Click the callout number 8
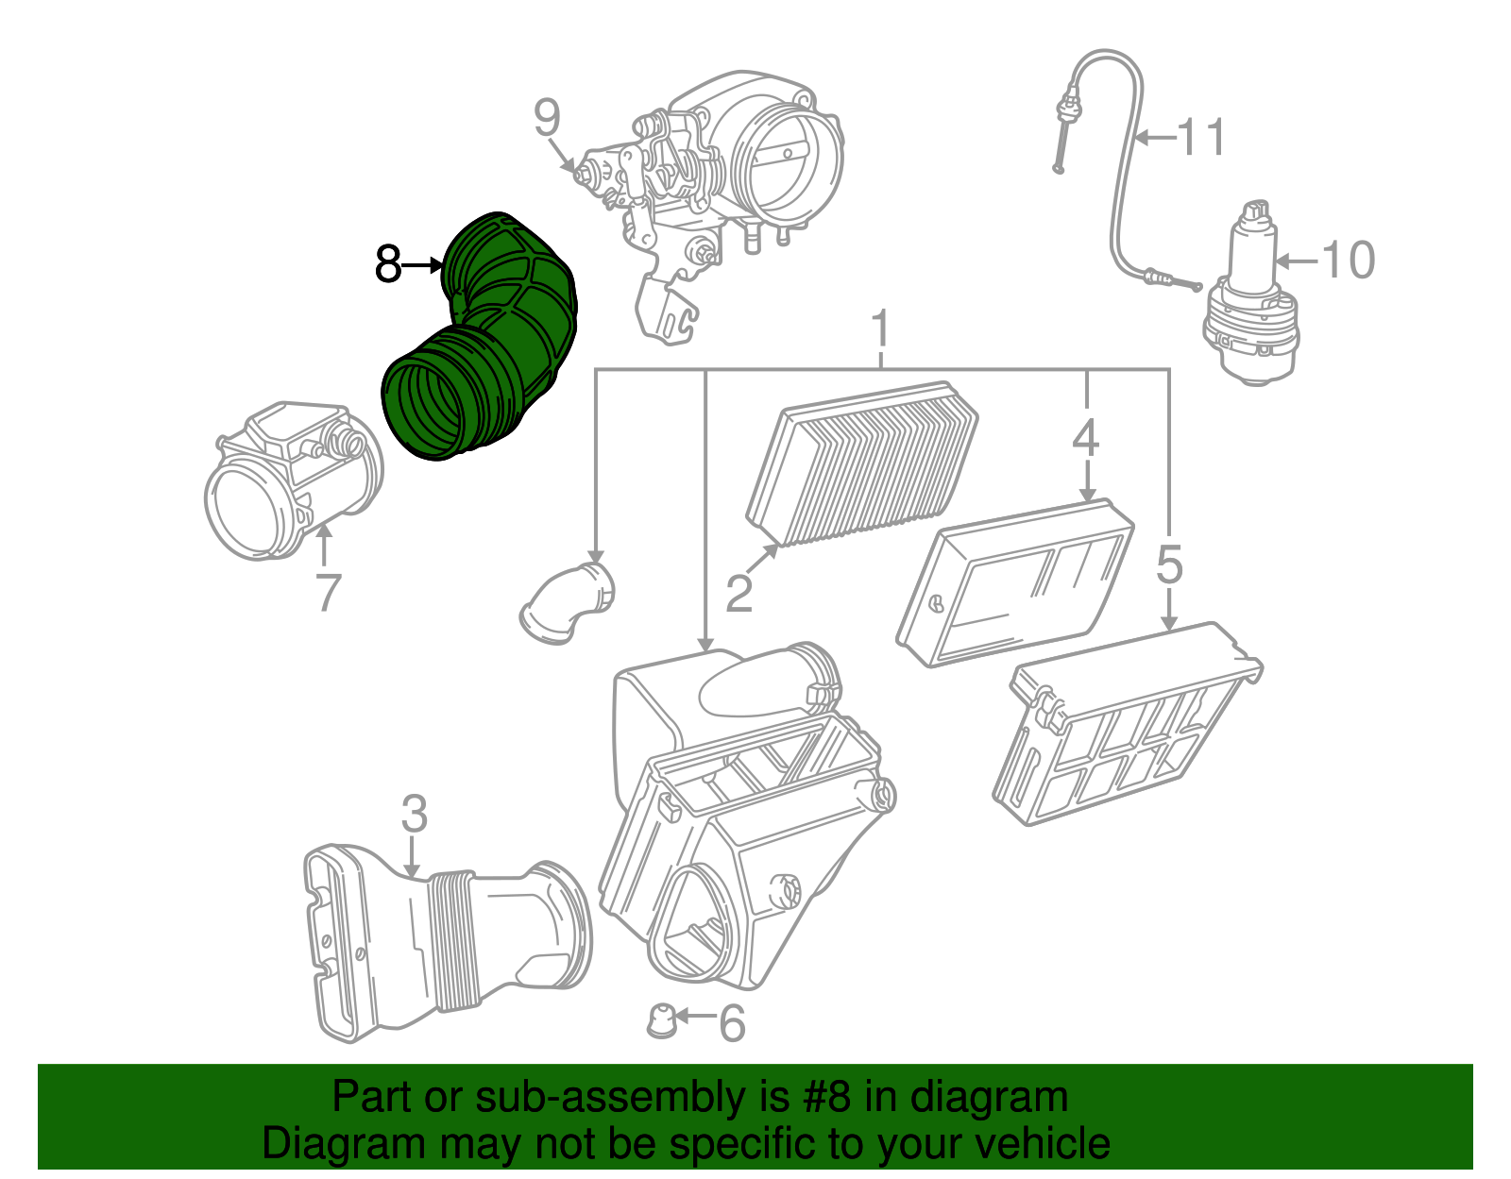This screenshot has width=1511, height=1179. [x=388, y=264]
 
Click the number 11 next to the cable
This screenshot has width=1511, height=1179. [x=1201, y=137]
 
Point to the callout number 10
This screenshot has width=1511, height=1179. [x=1347, y=261]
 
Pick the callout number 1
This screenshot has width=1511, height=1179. [x=880, y=328]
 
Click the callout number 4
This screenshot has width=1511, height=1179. [x=1085, y=438]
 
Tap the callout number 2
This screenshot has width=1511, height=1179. [x=739, y=594]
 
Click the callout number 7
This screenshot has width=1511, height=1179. [x=329, y=593]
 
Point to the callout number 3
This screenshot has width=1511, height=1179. [x=414, y=814]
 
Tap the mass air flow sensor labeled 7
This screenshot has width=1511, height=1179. [x=294, y=480]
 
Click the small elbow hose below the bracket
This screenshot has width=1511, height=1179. [x=567, y=603]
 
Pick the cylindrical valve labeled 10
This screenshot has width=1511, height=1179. [x=1250, y=295]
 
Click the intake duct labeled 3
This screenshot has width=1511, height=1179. [x=447, y=943]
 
